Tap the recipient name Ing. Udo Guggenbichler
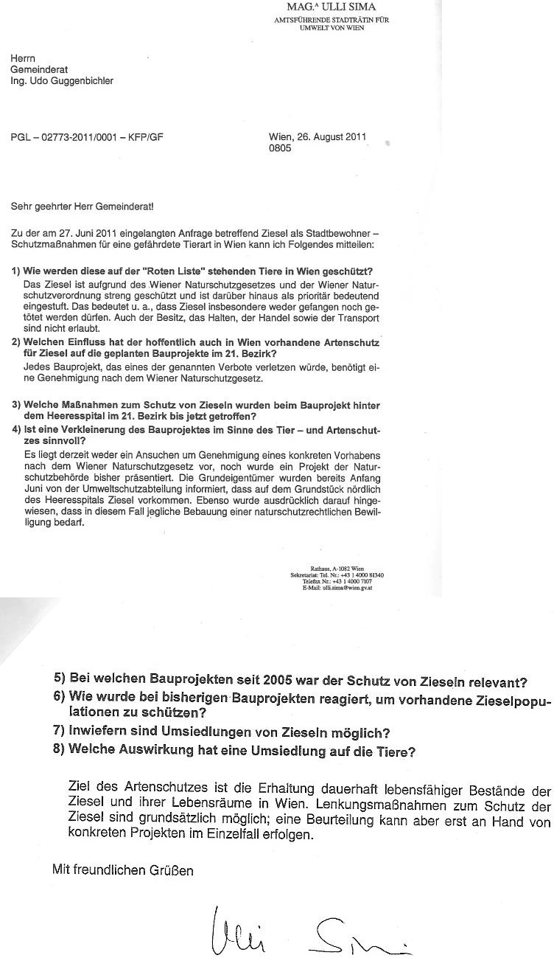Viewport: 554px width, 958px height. pyautogui.click(x=62, y=81)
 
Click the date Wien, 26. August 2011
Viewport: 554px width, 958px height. pyautogui.click(x=318, y=137)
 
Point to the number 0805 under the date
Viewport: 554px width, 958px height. pyautogui.click(x=281, y=148)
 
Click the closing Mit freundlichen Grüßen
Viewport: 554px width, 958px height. pyautogui.click(x=123, y=850)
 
